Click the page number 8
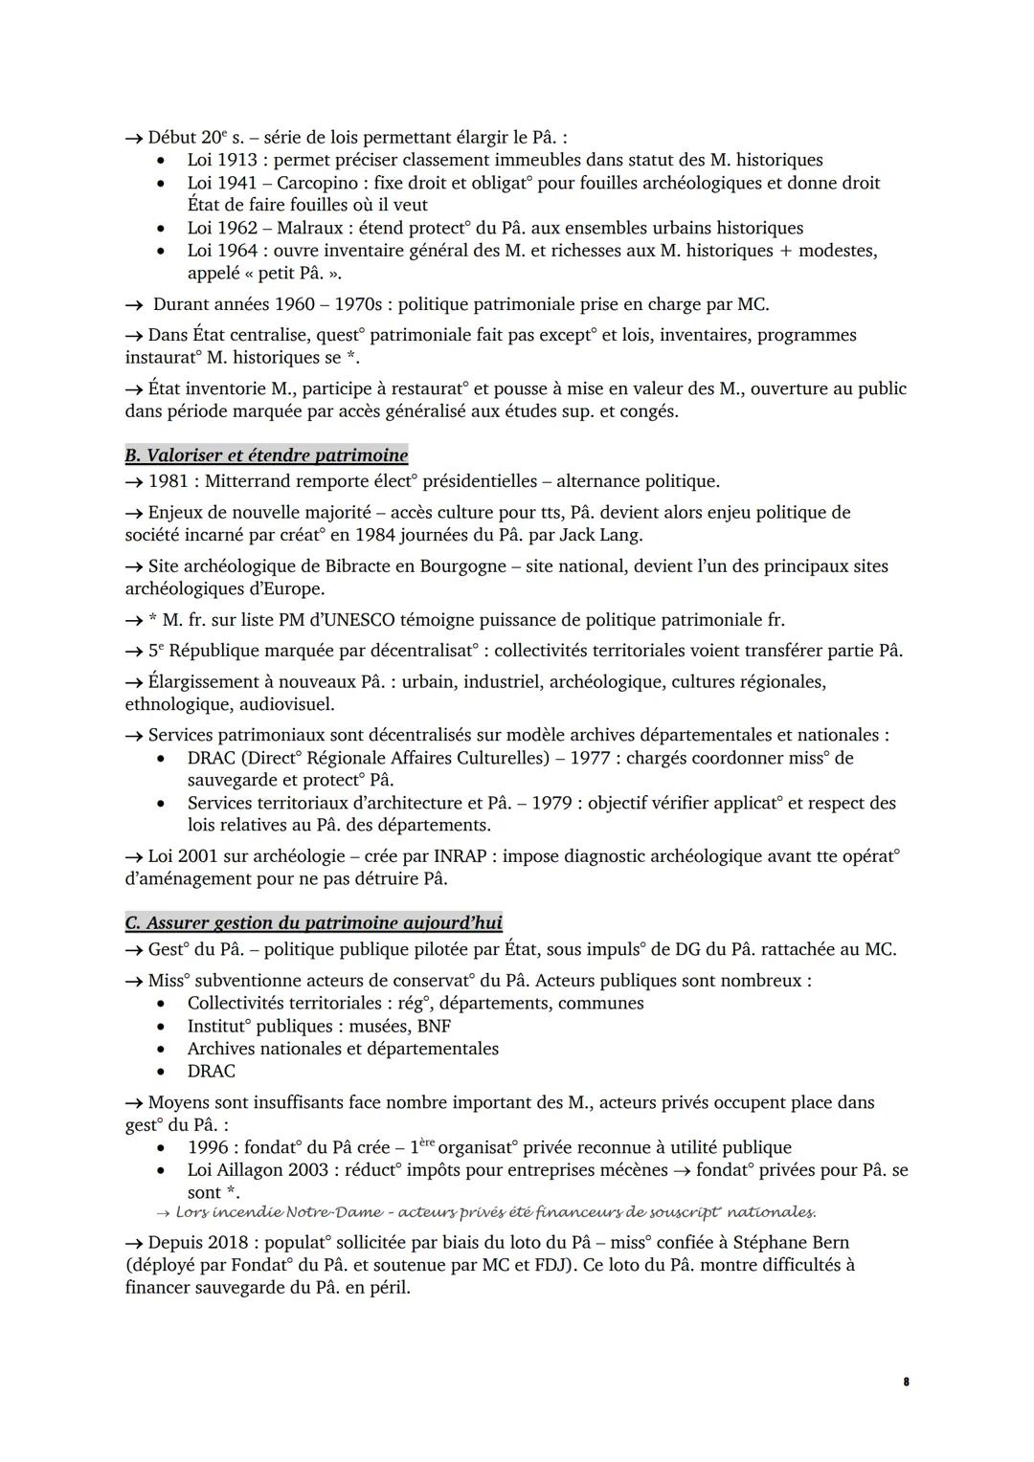coord(906,1382)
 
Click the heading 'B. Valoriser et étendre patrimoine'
coord(266,455)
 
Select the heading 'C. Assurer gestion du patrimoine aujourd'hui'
coord(313,923)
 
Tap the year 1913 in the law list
coord(236,160)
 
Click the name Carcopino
coord(319,183)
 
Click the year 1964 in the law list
coord(236,251)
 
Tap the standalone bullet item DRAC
coord(211,1072)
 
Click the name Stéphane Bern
coord(791,1243)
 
